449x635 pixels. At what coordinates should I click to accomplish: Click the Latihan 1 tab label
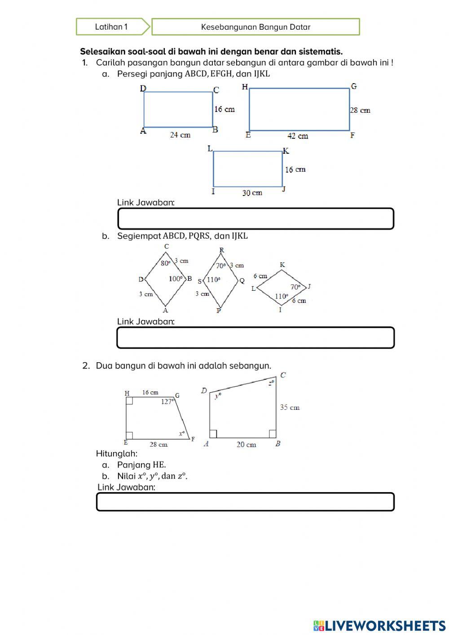pos(111,27)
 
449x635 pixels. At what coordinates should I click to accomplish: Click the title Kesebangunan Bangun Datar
pos(255,27)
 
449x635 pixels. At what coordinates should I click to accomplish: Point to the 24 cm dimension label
pos(180,135)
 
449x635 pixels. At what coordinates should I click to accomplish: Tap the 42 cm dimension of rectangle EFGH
pos(298,136)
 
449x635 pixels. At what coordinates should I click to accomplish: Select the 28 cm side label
pos(360,110)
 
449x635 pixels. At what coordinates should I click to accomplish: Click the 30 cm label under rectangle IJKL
pos(252,193)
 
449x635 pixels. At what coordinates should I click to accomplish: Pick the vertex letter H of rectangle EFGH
pos(245,87)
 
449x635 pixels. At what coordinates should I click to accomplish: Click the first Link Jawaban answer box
pos(255,219)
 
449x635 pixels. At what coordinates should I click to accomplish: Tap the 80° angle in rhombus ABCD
pos(166,263)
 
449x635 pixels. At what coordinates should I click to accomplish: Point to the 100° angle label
pos(176,279)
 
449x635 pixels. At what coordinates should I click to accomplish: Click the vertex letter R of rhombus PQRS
pos(222,250)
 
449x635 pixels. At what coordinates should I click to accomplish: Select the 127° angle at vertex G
pos(167,402)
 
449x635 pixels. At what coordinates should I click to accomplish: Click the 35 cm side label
pos(290,408)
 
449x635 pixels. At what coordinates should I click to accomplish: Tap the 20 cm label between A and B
pos(246,444)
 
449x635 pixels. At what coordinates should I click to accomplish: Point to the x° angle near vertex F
pos(182,433)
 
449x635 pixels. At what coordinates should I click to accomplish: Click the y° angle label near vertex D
pos(218,395)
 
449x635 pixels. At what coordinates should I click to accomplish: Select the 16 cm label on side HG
pos(150,392)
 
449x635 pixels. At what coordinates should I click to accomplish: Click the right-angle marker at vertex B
pos(272,434)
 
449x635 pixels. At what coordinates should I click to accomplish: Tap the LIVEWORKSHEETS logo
pos(379,625)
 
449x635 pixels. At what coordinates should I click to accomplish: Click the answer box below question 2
pos(245,502)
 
